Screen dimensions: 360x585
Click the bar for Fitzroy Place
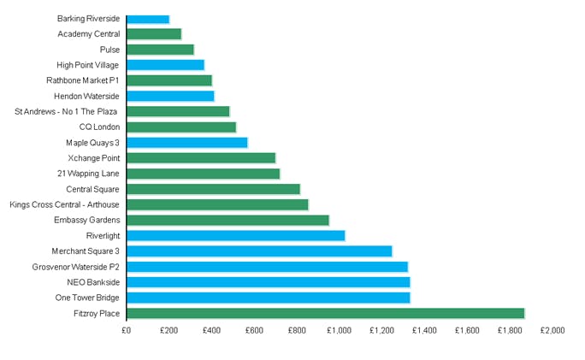(x=325, y=314)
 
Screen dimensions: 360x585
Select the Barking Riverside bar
(x=148, y=19)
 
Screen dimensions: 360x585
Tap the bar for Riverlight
(x=235, y=235)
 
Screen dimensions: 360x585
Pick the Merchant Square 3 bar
(x=259, y=251)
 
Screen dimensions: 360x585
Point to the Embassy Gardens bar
(x=227, y=220)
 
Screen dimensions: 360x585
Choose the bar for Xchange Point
(x=201, y=158)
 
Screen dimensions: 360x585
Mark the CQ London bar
(x=181, y=127)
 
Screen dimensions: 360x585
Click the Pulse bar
(x=160, y=50)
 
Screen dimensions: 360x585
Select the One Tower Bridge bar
(x=268, y=298)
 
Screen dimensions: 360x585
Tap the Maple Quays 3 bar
(x=186, y=143)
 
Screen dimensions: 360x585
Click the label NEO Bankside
(x=93, y=282)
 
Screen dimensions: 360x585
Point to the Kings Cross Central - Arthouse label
(x=64, y=204)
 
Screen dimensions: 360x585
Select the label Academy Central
(x=89, y=34)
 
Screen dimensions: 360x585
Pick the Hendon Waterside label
(x=86, y=96)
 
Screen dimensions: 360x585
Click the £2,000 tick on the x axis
(x=552, y=330)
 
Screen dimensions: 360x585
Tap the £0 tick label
(x=126, y=330)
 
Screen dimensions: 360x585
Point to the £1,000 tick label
(x=340, y=330)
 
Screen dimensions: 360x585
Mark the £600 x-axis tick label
(x=254, y=330)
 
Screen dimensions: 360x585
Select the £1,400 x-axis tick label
(x=424, y=330)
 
